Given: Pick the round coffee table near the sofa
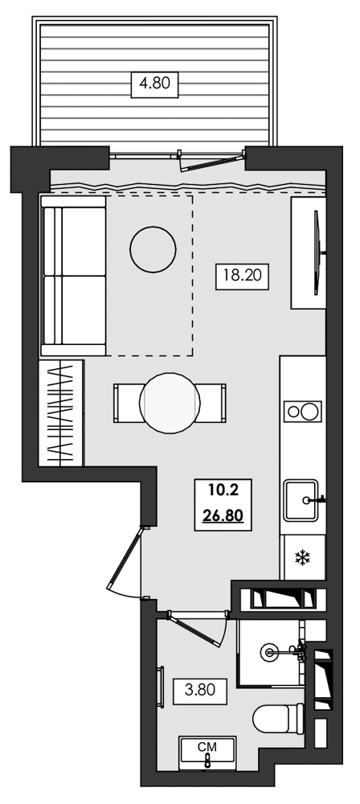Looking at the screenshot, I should [153, 248].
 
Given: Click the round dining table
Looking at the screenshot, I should [170, 403].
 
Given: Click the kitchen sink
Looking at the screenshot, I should [304, 499].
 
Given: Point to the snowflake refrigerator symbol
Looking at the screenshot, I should [302, 557].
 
